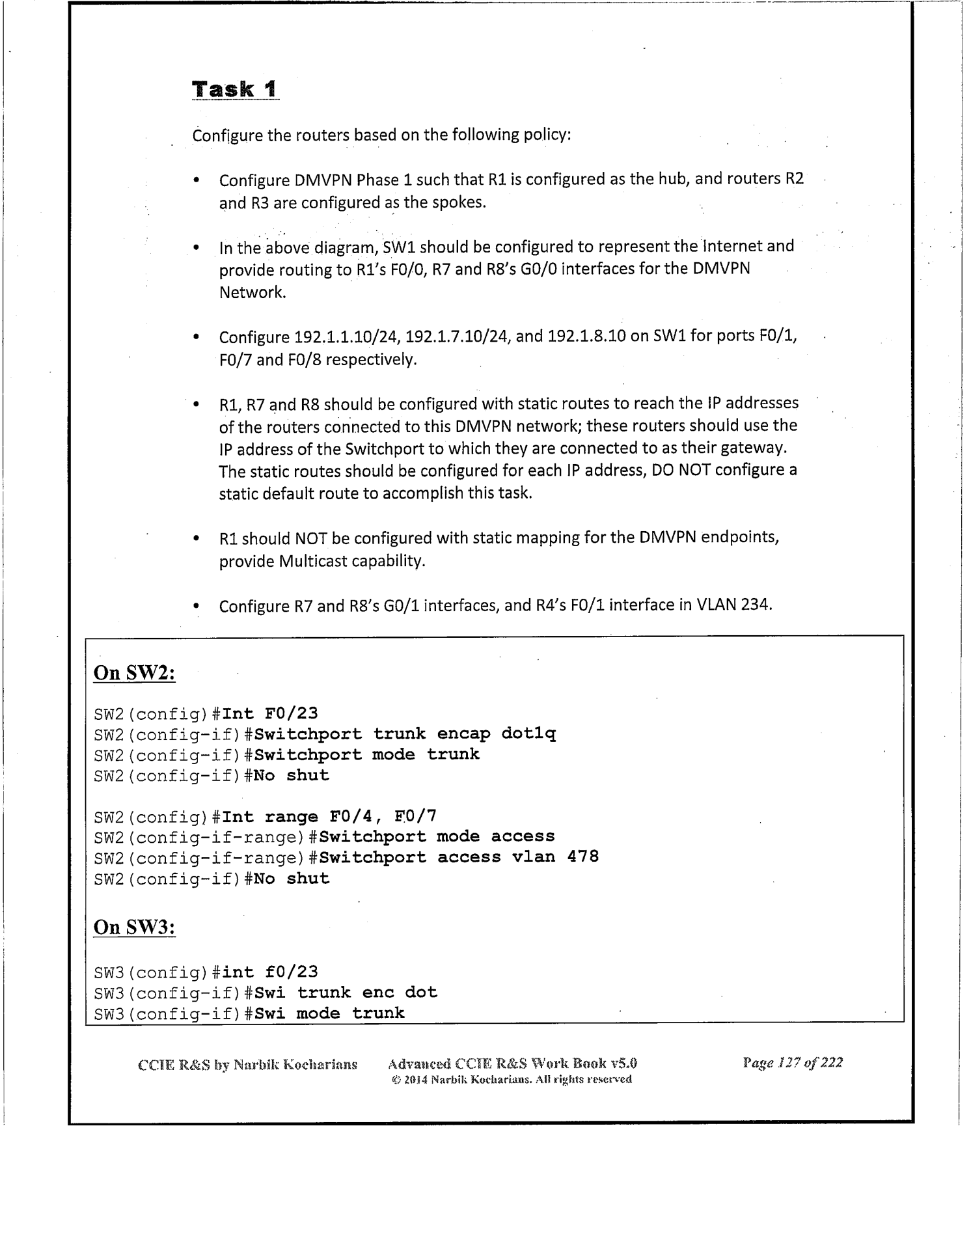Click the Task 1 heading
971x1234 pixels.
(235, 89)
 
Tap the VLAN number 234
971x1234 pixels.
(756, 605)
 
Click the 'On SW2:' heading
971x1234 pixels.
(135, 672)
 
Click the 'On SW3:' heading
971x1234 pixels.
(135, 927)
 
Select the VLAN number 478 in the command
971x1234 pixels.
(582, 857)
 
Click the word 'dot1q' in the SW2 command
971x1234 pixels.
(528, 734)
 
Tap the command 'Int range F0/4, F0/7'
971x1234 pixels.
(329, 816)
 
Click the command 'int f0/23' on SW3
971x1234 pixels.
(269, 972)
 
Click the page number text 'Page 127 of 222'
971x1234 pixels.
(792, 1063)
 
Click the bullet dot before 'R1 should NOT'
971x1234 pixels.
(196, 540)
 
